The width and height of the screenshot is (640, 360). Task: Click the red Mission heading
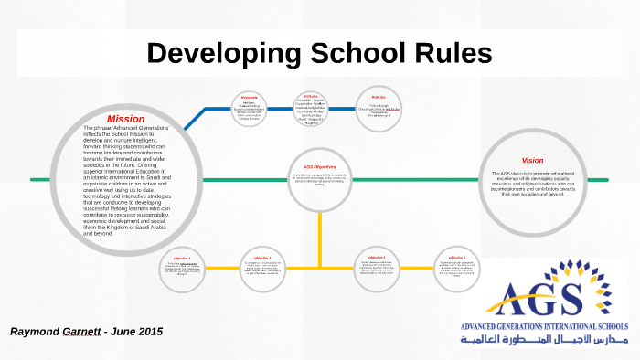pos(125,119)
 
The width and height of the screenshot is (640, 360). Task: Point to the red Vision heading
pos(532,160)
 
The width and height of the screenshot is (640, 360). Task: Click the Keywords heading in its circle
pos(250,96)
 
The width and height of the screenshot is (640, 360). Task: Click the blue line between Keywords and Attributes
pos(279,109)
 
